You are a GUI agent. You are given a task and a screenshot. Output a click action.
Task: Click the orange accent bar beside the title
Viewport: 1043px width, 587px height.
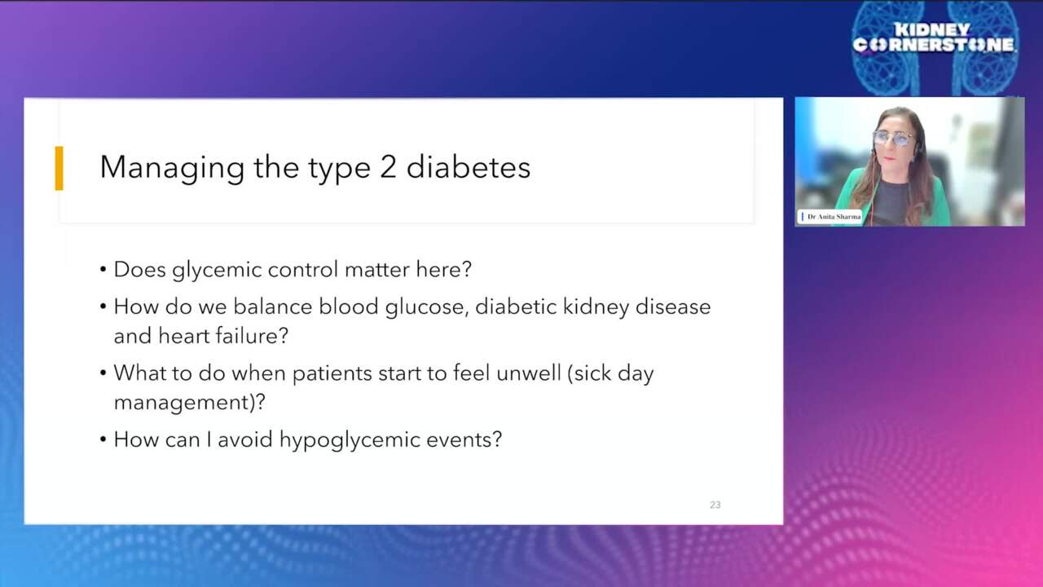pos(59,168)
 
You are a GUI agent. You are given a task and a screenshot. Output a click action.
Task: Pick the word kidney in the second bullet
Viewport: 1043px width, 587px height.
pos(592,307)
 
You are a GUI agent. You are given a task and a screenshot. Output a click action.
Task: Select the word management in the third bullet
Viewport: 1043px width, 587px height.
pos(184,403)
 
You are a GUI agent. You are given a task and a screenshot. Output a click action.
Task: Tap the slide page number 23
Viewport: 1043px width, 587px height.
pos(715,505)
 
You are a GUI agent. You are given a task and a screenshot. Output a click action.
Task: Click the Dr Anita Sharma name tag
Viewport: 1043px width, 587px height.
pos(832,217)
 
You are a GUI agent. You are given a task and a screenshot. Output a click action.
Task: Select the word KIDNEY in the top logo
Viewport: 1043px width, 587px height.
pos(933,29)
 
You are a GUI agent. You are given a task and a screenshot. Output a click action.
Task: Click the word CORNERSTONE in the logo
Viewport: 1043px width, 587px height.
pos(934,46)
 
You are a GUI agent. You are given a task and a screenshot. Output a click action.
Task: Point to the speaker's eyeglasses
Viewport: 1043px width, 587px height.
pos(893,139)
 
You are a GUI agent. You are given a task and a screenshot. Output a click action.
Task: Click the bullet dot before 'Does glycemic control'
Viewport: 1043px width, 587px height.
pos(103,270)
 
